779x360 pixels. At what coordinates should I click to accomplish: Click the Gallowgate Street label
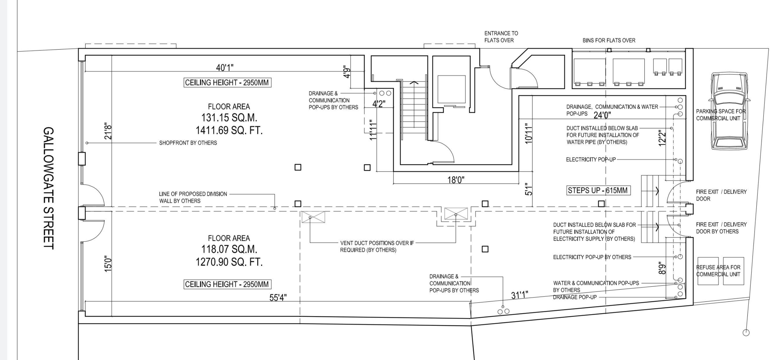[x=49, y=188]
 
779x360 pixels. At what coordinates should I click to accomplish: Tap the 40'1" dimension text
[x=225, y=68]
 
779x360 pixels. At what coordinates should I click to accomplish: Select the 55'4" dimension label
[x=278, y=298]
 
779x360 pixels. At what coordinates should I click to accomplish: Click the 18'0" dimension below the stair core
[x=456, y=180]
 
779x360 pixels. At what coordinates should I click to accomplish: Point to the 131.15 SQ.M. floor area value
[x=229, y=117]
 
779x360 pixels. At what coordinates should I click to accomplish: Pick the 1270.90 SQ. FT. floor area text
[x=229, y=262]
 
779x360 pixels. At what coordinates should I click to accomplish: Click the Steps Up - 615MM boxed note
[x=598, y=190]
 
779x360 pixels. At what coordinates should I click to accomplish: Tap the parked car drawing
[x=729, y=111]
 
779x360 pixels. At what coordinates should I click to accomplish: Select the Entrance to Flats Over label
[x=501, y=37]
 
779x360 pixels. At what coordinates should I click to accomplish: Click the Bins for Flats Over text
[x=609, y=40]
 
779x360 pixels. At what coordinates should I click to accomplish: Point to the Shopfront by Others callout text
[x=188, y=143]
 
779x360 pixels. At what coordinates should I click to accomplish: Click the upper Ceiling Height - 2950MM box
[x=227, y=83]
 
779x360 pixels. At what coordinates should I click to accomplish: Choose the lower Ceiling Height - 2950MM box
[x=227, y=284]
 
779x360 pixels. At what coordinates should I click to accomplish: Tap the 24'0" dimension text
[x=602, y=115]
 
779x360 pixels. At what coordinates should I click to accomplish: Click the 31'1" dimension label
[x=520, y=295]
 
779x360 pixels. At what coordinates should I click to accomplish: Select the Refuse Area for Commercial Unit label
[x=718, y=271]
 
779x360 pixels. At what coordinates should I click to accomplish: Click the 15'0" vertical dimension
[x=108, y=265]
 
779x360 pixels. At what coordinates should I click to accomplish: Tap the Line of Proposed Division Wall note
[x=193, y=197]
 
